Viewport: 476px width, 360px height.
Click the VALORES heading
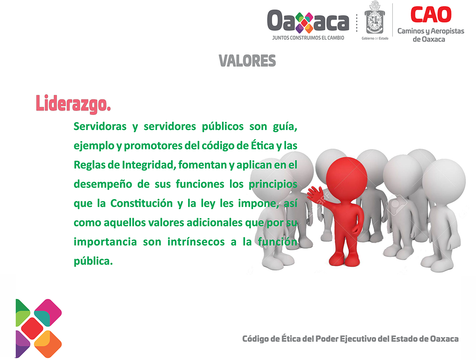pos(247,61)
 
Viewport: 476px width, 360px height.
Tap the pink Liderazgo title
pos(73,104)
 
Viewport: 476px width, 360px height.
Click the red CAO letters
pos(431,14)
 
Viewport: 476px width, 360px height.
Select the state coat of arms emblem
pos(375,18)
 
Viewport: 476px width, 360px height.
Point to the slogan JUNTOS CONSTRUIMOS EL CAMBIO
pos(308,38)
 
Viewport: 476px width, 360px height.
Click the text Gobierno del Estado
pos(375,38)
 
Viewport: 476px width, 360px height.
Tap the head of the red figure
pos(347,178)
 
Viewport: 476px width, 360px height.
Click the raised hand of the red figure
pos(313,193)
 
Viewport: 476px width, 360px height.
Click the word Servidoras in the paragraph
pos(100,126)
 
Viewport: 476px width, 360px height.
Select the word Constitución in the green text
pos(141,203)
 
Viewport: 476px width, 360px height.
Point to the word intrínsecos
pos(196,242)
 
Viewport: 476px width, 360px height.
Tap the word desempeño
pos(103,184)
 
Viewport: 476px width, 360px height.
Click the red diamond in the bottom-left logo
pos(32,328)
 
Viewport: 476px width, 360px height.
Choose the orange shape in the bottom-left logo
pos(48,344)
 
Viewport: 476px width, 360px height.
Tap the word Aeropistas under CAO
pos(447,31)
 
